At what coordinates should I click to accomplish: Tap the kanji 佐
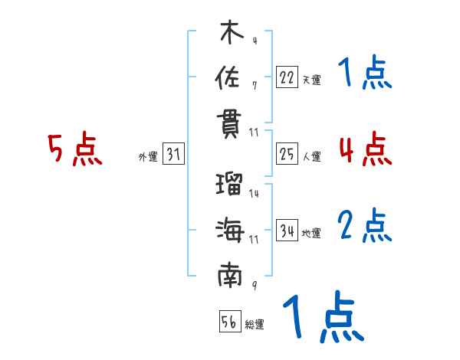(x=229, y=79)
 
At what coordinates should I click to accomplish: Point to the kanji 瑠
(x=229, y=185)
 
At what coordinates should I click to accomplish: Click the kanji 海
(x=229, y=230)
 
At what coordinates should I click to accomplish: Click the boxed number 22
(x=287, y=77)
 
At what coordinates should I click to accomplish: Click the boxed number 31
(x=173, y=155)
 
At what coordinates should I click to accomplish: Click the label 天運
(x=311, y=79)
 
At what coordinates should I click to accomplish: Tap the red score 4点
(x=365, y=149)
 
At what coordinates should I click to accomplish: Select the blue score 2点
(x=365, y=226)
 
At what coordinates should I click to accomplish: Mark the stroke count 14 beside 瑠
(x=254, y=194)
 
